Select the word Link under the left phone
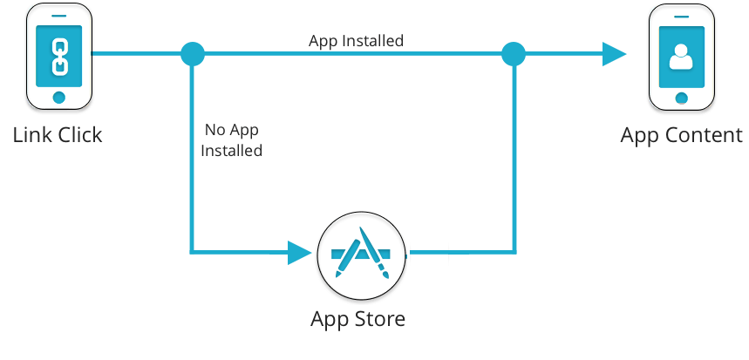[x=32, y=135]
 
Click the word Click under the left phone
[x=79, y=135]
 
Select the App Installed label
[x=356, y=41]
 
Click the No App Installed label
[x=231, y=140]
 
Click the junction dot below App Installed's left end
[x=192, y=55]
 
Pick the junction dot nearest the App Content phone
[x=514, y=55]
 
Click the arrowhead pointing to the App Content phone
[x=614, y=55]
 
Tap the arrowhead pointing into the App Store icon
[x=300, y=254]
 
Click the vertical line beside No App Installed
[x=192, y=157]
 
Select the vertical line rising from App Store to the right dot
[x=515, y=157]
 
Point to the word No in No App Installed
[x=214, y=131]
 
